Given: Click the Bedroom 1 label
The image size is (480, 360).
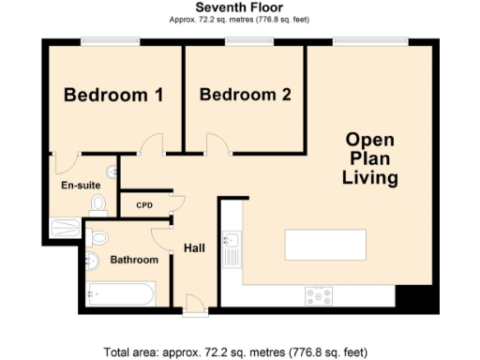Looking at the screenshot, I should pos(113,95).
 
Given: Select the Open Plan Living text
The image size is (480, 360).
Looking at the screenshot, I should pos(369,157).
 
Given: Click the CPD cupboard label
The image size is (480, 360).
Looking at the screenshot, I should pos(144,205).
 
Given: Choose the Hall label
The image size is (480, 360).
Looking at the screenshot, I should pos(194,247).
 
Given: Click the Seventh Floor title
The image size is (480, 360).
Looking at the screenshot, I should pos(239,7).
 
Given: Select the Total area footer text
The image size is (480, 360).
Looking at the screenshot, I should pos(239,352).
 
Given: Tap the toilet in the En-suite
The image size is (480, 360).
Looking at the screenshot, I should pos(97,202).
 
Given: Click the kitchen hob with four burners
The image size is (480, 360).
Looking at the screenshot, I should pos(318,295).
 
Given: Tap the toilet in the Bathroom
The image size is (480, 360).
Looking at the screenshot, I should pos(100,236).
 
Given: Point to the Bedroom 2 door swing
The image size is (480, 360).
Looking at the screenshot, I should pos(217,143).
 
